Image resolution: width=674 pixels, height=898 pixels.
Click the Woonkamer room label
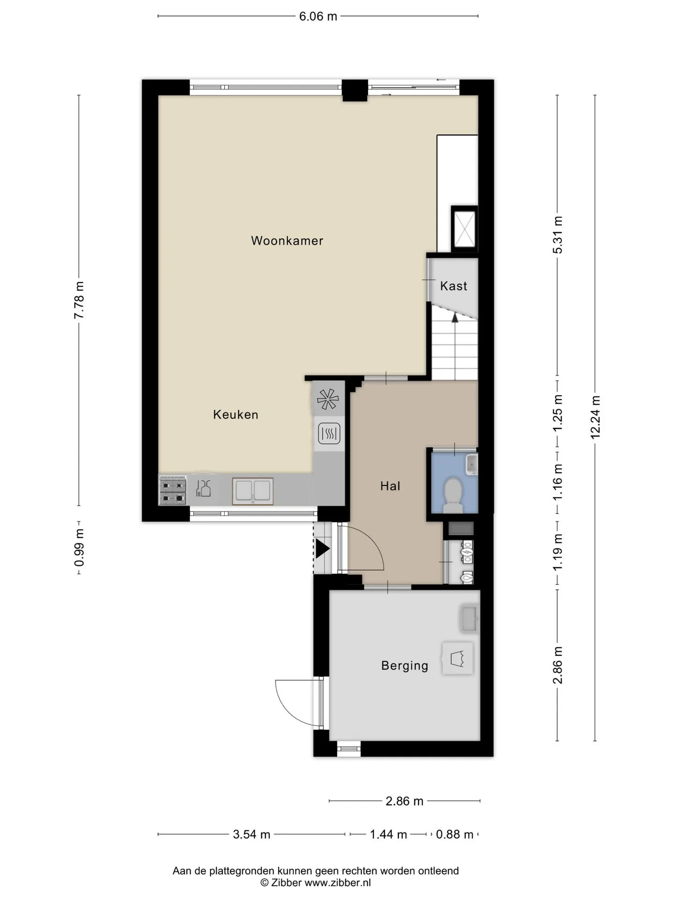pyautogui.click(x=287, y=241)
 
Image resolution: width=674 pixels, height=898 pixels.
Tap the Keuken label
pyautogui.click(x=235, y=414)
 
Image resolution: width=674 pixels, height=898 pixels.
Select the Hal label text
pyautogui.click(x=390, y=486)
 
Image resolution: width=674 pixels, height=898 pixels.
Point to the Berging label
pyautogui.click(x=405, y=666)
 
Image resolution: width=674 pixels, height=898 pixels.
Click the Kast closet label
pyautogui.click(x=454, y=286)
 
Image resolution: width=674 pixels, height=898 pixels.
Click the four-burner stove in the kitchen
pyautogui.click(x=173, y=491)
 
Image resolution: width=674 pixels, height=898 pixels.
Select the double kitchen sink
pyautogui.click(x=253, y=491)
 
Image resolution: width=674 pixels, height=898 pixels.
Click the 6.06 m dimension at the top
pyautogui.click(x=318, y=16)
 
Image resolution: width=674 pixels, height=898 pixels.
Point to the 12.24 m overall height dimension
pyautogui.click(x=595, y=417)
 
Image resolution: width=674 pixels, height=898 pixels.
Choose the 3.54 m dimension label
pyautogui.click(x=252, y=834)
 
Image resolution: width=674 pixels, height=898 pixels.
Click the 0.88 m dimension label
pyautogui.click(x=454, y=834)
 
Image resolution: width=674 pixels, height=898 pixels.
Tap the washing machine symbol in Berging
pyautogui.click(x=457, y=658)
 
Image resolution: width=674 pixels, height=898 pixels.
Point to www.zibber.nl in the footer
pyautogui.click(x=337, y=883)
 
